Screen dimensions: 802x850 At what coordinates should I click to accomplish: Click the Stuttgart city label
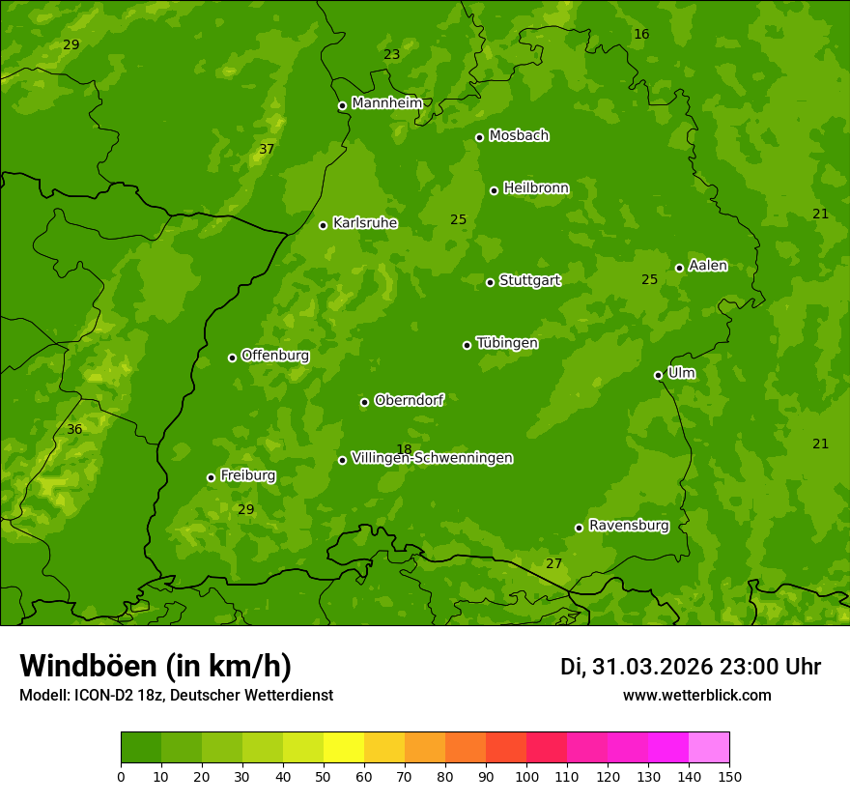[x=529, y=280]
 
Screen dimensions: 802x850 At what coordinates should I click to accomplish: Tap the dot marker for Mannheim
[x=342, y=106]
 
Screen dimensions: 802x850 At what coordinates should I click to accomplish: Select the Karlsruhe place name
[x=364, y=223]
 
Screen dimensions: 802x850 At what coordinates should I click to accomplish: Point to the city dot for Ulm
[x=659, y=375]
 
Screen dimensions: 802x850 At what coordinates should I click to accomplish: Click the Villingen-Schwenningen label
[x=432, y=458]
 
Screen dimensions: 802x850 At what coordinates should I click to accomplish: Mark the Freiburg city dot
[x=211, y=477]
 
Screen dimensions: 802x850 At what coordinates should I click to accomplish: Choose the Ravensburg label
[x=628, y=526]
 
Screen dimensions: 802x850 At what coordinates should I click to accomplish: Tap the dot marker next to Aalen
[x=679, y=268]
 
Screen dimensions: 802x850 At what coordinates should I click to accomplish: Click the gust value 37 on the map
[x=267, y=149]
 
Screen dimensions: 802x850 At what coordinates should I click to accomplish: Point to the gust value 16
[x=641, y=34]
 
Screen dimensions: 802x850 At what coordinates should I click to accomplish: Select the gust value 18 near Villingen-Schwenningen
[x=404, y=449]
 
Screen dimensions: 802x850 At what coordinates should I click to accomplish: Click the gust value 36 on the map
[x=74, y=429]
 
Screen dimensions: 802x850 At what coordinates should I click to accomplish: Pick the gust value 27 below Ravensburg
[x=553, y=563]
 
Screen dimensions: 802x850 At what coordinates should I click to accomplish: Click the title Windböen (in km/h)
[x=156, y=666]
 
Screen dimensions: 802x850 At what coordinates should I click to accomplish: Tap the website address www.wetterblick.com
[x=696, y=695]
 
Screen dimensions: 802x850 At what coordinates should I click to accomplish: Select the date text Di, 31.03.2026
[x=636, y=667]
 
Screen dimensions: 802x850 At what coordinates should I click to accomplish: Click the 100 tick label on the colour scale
[x=526, y=776]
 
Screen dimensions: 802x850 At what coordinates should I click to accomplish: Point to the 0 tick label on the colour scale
[x=121, y=776]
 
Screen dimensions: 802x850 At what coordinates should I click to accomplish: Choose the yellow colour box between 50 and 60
[x=344, y=748]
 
